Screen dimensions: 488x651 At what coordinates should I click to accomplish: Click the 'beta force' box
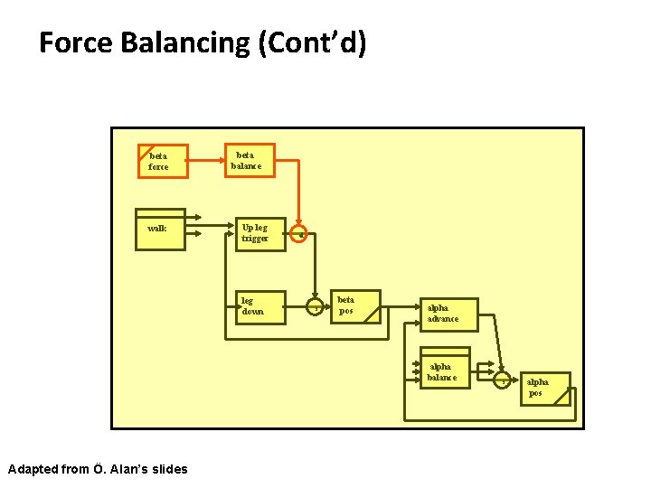tap(162, 161)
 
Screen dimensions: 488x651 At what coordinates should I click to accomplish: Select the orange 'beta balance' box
tap(249, 160)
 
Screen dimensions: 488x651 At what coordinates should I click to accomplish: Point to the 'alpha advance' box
tap(447, 314)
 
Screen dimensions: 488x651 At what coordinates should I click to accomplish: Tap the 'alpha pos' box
tap(545, 388)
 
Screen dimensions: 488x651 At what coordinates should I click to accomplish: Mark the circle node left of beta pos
tap(316, 307)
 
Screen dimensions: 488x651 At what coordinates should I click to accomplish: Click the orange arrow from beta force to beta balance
tap(206, 161)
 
